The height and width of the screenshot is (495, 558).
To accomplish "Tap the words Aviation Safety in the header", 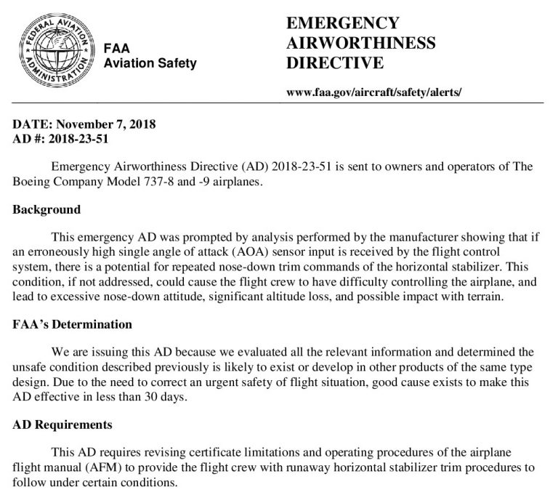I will [150, 63].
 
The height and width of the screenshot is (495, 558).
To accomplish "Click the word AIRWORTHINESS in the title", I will [361, 43].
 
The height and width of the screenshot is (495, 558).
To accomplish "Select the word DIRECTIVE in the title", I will [335, 63].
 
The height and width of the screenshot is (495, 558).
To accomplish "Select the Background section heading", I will [46, 210].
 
